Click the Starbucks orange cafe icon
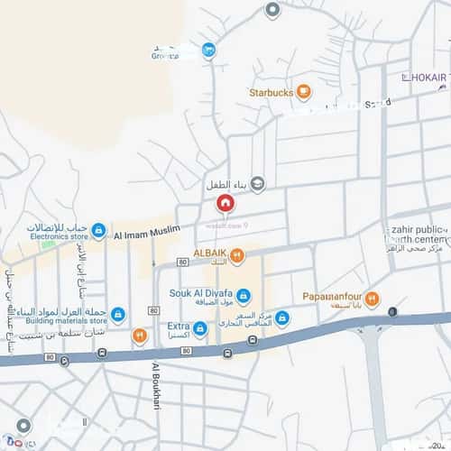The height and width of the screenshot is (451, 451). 304,91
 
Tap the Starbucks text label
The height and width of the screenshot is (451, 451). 270,92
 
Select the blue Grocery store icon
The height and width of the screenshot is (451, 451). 208,51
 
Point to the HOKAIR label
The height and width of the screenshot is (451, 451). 429,79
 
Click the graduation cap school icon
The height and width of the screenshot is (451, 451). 258,184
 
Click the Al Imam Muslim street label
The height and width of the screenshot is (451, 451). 146,233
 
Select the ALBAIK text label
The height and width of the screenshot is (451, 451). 209,254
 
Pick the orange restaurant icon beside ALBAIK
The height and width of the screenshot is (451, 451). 237,255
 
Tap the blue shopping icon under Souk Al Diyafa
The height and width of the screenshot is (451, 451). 244,295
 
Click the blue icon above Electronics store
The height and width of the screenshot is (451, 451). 98,230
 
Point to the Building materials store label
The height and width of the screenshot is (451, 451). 66,320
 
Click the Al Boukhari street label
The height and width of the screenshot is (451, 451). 155,385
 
